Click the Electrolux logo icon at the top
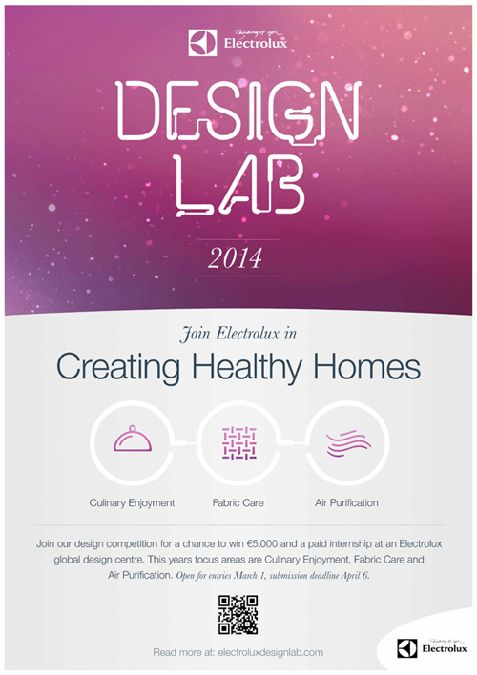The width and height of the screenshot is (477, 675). [202, 43]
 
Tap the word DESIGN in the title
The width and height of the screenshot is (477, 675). [238, 111]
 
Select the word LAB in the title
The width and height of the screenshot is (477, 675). [240, 185]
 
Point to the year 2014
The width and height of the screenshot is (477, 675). [235, 258]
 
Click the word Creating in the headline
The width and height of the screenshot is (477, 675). [118, 367]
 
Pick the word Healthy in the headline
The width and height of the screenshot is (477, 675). [246, 367]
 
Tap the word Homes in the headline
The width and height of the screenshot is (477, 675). [366, 366]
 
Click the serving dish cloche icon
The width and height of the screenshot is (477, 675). [133, 439]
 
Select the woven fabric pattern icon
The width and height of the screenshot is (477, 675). [239, 443]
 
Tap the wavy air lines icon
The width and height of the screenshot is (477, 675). [348, 443]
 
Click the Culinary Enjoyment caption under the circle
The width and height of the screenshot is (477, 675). [132, 503]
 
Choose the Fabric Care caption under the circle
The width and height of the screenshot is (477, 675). [238, 502]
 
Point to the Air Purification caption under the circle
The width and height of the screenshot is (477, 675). [346, 502]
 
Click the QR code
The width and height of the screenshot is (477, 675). [238, 615]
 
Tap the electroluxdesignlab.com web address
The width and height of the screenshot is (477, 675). [271, 653]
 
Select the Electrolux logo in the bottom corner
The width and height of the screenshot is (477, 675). [432, 648]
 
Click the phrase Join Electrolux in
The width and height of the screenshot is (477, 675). [238, 334]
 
